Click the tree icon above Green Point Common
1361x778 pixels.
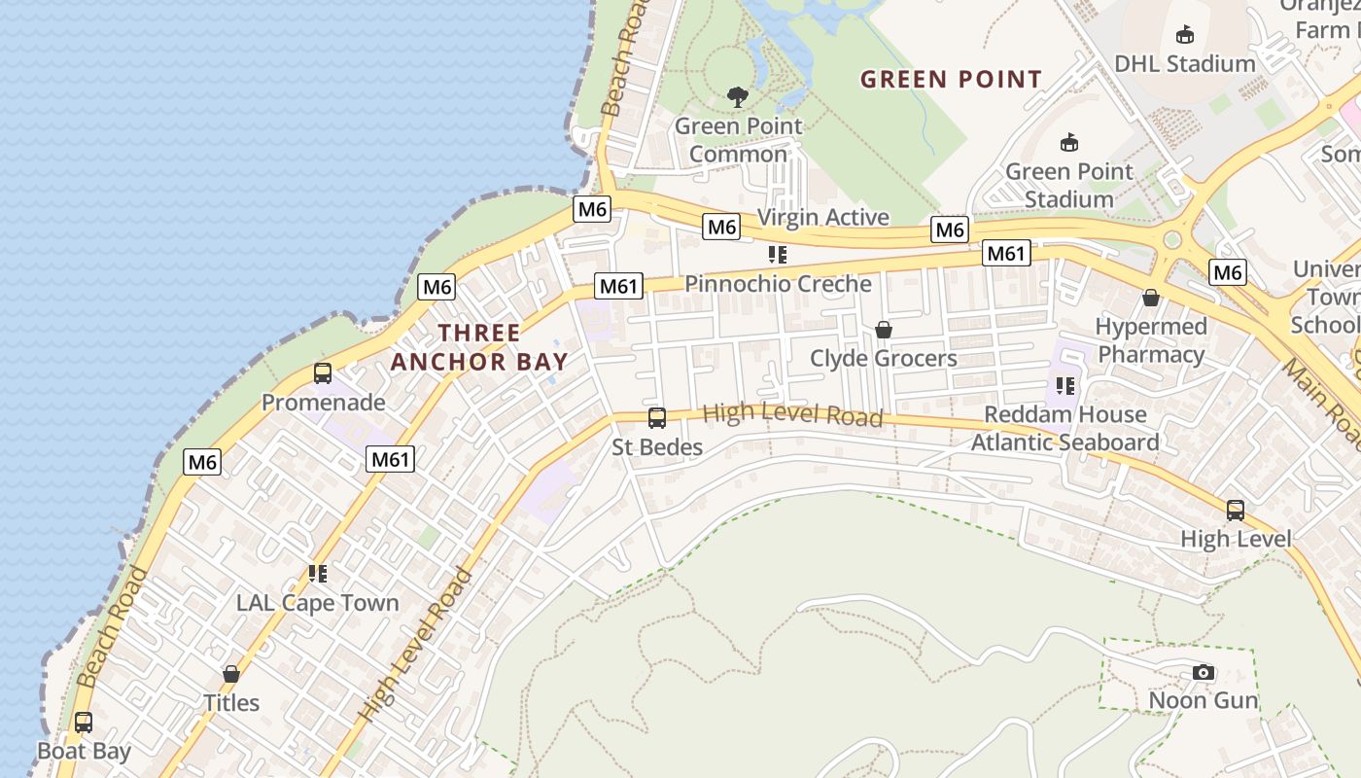coord(738,96)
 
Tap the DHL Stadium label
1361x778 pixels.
coord(1184,64)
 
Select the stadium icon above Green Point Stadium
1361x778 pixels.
coord(1069,142)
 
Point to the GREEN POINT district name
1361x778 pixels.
coord(951,79)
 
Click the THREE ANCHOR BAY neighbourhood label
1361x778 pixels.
coord(479,347)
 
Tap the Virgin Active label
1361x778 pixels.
coord(822,217)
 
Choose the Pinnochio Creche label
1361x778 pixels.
coord(778,284)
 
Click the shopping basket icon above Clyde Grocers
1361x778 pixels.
coord(884,330)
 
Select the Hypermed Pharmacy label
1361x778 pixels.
coord(1151,340)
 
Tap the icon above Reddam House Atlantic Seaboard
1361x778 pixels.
coord(1065,386)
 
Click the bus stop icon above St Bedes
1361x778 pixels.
coord(657,418)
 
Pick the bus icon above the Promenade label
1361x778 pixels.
coord(323,372)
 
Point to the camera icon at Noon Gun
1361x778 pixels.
coord(1204,672)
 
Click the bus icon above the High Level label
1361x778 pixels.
coord(1235,510)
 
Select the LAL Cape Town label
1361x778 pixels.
coord(317,603)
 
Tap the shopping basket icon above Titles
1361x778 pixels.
coord(231,674)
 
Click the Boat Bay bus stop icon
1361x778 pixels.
coord(84,723)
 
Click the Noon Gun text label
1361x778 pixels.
coord(1204,700)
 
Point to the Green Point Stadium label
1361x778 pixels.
coord(1069,186)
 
